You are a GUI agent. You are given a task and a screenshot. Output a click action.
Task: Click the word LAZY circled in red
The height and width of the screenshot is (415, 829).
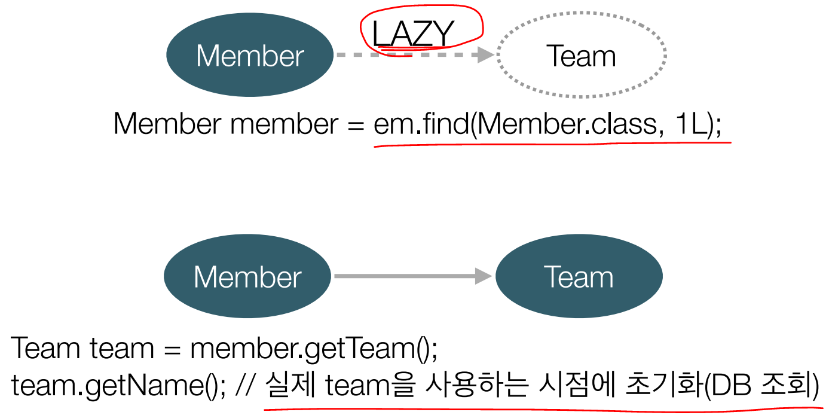tap(412, 34)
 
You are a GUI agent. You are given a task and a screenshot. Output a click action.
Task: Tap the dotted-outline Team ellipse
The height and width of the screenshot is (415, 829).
tap(581, 56)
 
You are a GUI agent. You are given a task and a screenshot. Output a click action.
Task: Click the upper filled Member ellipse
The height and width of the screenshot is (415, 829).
tap(250, 56)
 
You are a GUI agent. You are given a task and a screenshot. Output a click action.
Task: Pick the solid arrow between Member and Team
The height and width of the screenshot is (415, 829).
tap(412, 276)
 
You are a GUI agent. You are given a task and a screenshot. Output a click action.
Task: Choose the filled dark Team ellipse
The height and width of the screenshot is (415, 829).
tap(579, 277)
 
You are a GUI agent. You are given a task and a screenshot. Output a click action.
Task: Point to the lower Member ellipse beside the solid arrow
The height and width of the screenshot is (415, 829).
tap(247, 277)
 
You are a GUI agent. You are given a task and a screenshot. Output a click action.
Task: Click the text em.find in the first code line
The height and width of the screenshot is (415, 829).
tap(421, 124)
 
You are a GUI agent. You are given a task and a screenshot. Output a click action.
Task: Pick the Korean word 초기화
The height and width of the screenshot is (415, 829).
tap(664, 386)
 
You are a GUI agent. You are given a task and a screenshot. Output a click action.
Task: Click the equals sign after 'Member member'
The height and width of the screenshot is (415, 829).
tap(357, 125)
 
